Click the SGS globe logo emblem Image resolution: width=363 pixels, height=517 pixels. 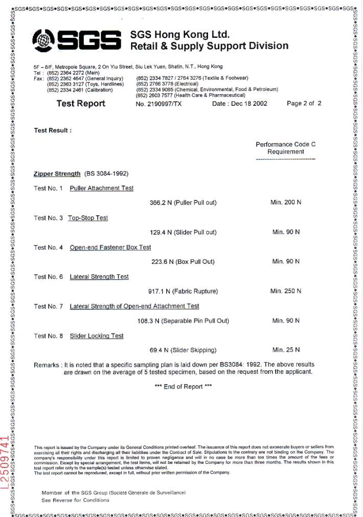click(x=47, y=39)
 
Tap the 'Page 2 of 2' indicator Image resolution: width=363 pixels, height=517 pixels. click(x=304, y=103)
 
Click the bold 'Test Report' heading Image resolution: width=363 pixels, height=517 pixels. click(x=81, y=104)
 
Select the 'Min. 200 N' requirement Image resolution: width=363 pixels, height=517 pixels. click(x=286, y=203)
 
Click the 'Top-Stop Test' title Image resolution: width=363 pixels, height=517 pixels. click(x=88, y=218)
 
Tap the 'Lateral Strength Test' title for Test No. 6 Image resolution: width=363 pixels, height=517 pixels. click(x=99, y=277)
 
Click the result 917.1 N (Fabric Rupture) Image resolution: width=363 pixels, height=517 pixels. click(x=183, y=291)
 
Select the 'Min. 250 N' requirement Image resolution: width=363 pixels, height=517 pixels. click(x=286, y=291)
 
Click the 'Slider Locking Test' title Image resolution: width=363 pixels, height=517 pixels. click(x=97, y=336)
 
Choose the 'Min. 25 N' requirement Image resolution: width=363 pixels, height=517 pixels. click(x=286, y=350)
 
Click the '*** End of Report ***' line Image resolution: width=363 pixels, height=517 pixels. click(x=183, y=387)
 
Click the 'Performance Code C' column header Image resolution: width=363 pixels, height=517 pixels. click(x=286, y=145)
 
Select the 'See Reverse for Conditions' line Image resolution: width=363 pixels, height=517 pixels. click(x=75, y=500)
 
